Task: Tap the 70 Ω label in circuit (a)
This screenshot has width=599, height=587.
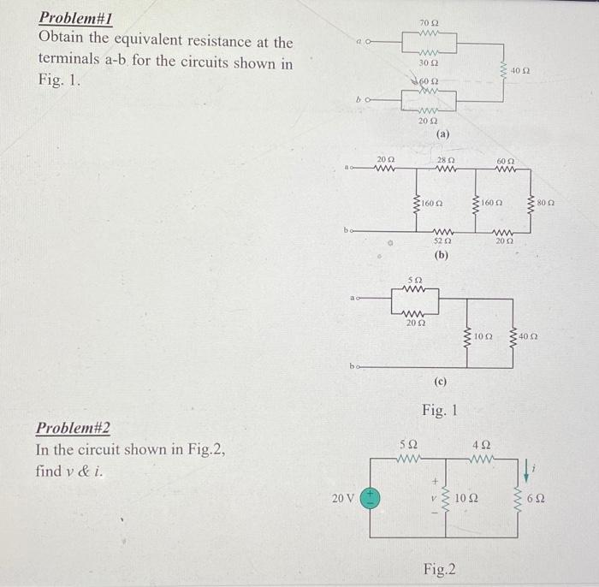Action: click(428, 21)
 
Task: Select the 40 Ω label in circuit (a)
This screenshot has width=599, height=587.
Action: click(522, 69)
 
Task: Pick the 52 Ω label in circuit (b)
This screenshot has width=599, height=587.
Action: click(442, 242)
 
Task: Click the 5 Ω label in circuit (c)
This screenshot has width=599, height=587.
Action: click(414, 280)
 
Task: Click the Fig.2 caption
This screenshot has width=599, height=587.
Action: click(440, 569)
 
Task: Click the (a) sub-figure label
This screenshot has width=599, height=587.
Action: click(442, 134)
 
